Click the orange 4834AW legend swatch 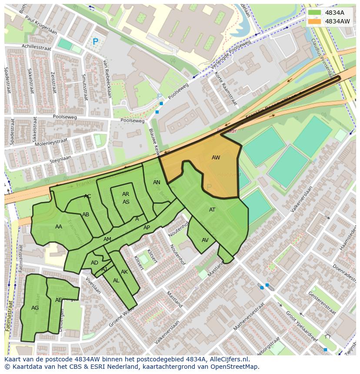click(x=315, y=21)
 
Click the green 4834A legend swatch click(x=315, y=13)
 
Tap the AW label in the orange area click(x=216, y=157)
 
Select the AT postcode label click(x=212, y=210)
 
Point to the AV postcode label click(x=205, y=240)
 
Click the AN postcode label click(x=157, y=182)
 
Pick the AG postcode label click(x=35, y=308)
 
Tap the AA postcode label click(x=59, y=226)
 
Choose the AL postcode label click(x=116, y=281)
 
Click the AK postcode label click(x=124, y=272)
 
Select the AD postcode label click(x=94, y=263)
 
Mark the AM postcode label click(x=107, y=239)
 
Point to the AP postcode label click(x=147, y=228)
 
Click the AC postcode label click(x=87, y=196)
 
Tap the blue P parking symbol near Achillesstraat click(x=95, y=42)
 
